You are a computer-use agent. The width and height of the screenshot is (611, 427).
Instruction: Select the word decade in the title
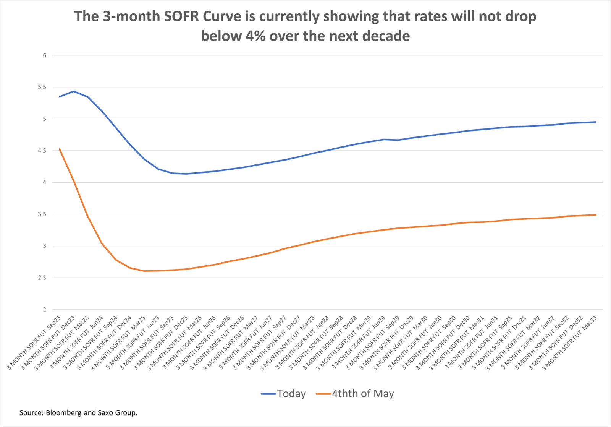pos(386,36)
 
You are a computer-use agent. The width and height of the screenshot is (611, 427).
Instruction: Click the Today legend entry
pos(291,394)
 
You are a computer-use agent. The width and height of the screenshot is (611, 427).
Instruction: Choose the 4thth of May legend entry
pos(362,394)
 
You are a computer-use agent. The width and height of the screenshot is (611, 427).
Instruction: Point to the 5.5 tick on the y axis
pos(42,87)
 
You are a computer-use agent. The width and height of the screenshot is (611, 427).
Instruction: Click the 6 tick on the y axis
pos(44,55)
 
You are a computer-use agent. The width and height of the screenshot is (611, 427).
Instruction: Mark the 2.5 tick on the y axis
pos(42,278)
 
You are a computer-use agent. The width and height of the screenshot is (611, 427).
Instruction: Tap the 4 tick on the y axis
pos(44,182)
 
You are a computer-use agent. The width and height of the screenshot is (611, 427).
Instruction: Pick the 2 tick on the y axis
pos(44,310)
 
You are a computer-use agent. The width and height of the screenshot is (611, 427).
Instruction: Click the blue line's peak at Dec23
pos(74,91)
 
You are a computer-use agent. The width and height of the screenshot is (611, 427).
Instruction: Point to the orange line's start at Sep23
pos(60,149)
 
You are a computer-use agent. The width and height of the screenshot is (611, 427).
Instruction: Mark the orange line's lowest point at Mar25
pos(144,271)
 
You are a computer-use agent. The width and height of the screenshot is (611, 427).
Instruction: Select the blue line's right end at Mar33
pos(596,122)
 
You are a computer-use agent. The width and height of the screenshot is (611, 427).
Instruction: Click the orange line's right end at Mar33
pos(596,215)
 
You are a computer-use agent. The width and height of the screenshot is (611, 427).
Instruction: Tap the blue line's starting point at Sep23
pos(60,97)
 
